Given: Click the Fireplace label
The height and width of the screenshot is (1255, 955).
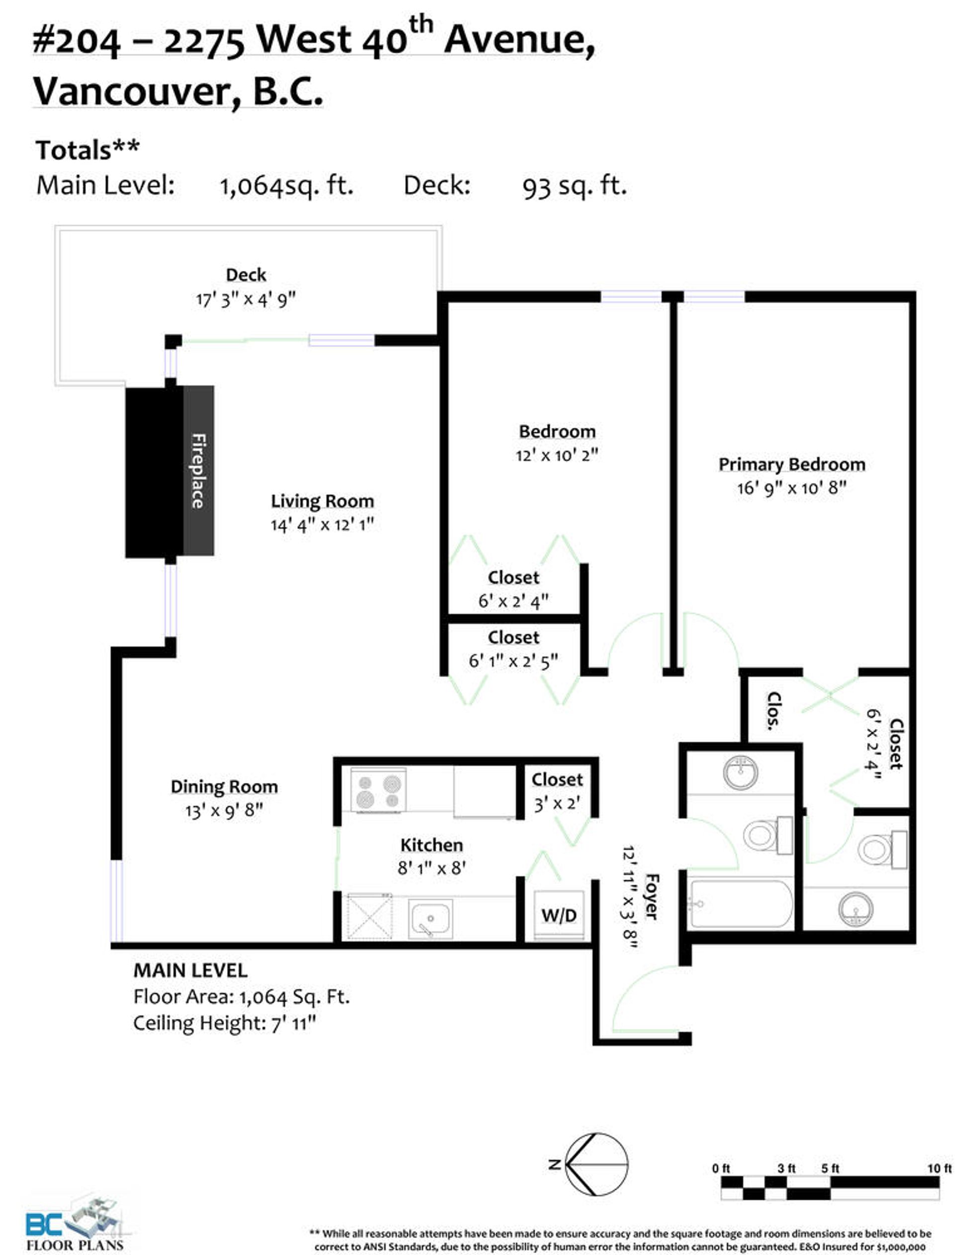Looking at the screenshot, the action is [198, 471].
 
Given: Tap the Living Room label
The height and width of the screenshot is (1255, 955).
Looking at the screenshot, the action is [322, 501].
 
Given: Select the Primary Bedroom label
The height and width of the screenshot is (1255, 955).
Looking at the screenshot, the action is [792, 465].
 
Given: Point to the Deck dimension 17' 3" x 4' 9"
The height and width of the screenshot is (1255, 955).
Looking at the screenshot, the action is [246, 299].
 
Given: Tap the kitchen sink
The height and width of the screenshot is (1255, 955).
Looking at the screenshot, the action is [430, 919].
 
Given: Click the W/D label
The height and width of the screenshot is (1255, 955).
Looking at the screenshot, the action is [559, 915].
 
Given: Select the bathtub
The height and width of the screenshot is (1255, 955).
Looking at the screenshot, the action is [740, 904].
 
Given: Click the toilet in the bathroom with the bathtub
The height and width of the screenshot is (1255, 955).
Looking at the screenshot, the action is [767, 835].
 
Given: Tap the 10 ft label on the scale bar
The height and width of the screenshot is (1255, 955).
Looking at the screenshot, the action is [939, 1168].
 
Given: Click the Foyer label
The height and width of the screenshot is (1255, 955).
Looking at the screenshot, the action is [652, 896].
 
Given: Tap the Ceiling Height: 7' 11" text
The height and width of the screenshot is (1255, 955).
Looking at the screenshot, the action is [224, 1023].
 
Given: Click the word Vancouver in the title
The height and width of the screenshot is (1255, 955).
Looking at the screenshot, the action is [136, 91].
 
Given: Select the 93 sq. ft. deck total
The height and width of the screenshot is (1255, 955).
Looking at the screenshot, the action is [574, 186].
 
